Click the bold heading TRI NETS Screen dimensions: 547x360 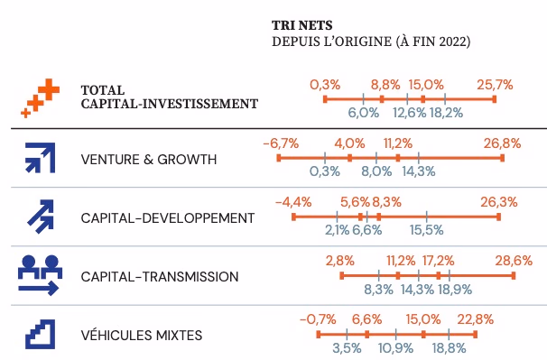(302, 25)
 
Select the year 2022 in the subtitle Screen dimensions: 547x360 (451, 42)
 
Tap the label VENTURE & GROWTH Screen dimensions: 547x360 (149, 160)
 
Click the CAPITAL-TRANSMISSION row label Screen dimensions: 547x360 (160, 277)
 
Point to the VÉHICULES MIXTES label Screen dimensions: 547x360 (142, 336)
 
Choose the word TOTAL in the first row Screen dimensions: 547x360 (103, 90)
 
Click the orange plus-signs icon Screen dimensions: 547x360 (40, 98)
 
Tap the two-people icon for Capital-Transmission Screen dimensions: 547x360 (40, 275)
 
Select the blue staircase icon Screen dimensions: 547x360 (40, 334)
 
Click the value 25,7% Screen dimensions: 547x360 (495, 85)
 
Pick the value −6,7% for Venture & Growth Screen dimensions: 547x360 (281, 143)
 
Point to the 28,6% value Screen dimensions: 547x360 (514, 261)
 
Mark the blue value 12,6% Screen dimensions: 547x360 (409, 113)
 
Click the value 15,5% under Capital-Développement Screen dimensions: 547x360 (426, 230)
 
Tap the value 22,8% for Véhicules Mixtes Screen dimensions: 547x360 (476, 319)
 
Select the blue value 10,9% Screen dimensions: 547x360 (396, 348)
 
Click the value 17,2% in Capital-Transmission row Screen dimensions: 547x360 (439, 261)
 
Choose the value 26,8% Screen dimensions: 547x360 (503, 143)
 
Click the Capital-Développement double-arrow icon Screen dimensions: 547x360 (41, 217)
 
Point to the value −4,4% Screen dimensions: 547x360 (293, 202)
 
